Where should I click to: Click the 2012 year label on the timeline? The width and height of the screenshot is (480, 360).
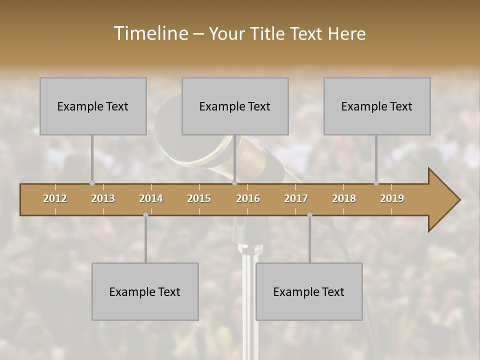(x=55, y=198)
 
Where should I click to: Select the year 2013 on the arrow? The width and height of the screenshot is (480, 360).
(x=103, y=198)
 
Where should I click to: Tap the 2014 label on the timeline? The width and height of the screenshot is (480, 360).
(x=151, y=198)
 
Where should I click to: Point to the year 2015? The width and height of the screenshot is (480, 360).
(x=199, y=198)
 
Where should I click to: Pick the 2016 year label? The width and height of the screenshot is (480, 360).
(x=248, y=198)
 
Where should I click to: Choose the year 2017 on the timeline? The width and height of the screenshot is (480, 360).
(x=296, y=198)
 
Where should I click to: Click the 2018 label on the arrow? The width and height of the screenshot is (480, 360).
(x=344, y=198)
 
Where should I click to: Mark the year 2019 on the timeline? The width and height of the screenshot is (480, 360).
(x=392, y=198)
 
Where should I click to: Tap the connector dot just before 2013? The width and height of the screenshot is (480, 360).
(x=92, y=183)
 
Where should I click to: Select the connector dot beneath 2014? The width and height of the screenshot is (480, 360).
(x=145, y=215)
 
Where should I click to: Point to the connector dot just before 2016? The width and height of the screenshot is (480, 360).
(x=234, y=183)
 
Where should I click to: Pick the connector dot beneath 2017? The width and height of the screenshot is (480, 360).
(x=309, y=215)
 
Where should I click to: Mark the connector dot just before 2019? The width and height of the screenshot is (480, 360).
(x=376, y=183)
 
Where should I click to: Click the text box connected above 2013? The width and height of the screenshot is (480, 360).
(x=93, y=106)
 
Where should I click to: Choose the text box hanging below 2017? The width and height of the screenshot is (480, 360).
(x=309, y=291)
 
